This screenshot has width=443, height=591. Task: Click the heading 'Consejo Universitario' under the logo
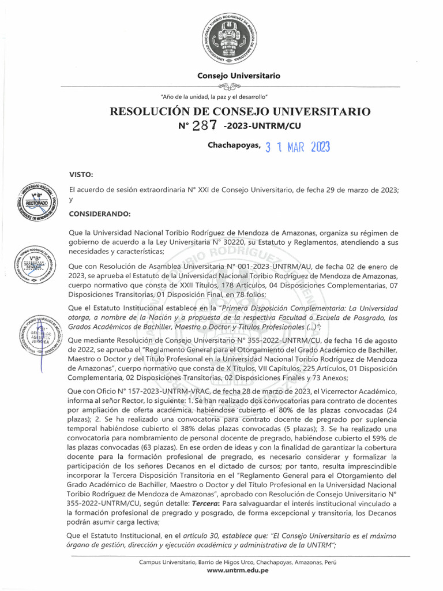click(x=239, y=76)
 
